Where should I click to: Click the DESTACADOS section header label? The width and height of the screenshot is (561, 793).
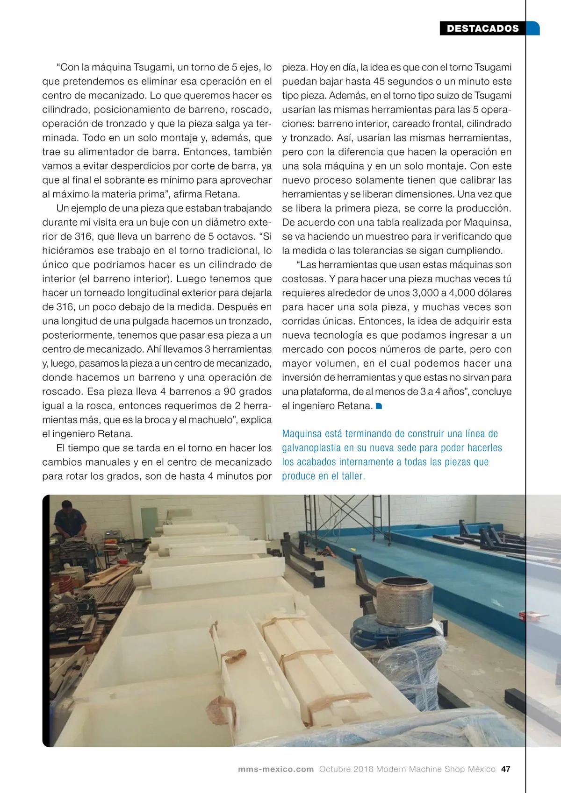(482, 28)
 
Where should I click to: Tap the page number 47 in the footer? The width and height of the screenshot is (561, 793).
(505, 769)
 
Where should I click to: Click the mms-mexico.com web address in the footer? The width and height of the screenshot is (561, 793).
(276, 769)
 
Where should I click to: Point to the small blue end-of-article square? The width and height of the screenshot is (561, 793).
(379, 406)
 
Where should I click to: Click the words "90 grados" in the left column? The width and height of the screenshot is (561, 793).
(248, 391)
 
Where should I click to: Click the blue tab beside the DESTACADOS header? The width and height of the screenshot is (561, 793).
(533, 28)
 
